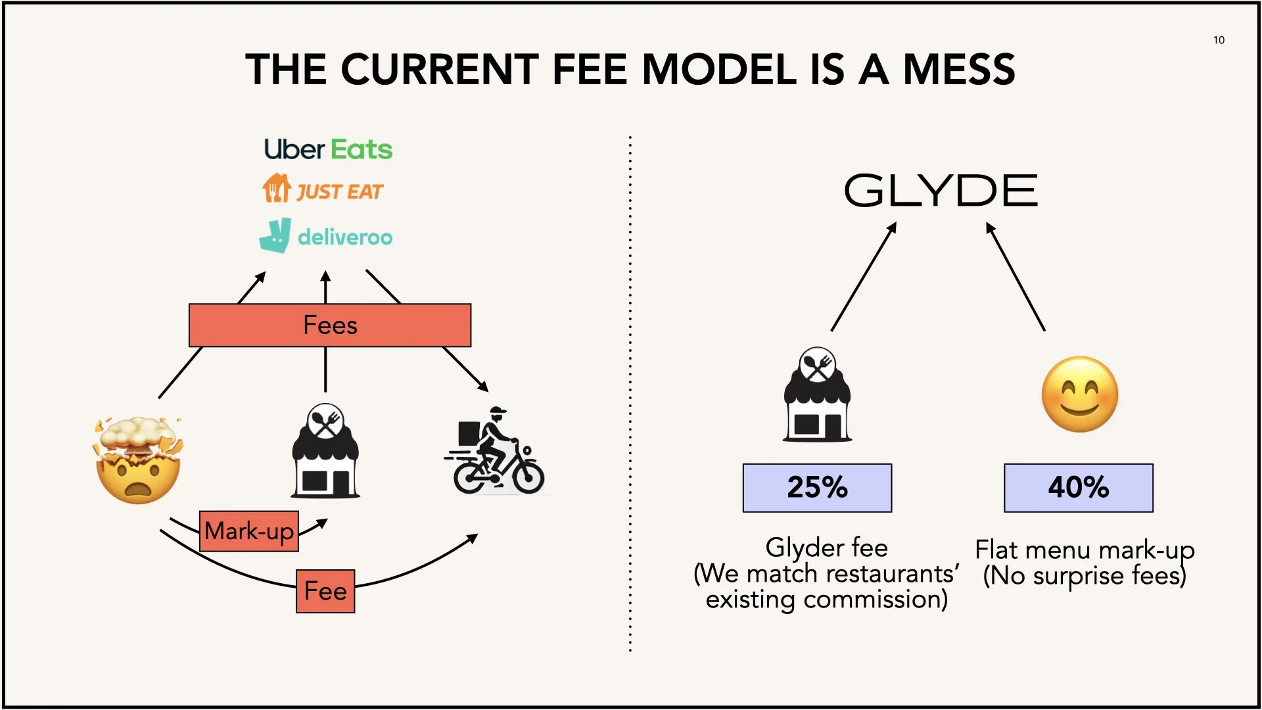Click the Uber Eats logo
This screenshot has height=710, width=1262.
point(328,150)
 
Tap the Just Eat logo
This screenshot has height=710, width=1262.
point(323,189)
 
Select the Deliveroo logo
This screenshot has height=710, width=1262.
point(326,236)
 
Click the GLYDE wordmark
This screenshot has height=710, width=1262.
point(941,191)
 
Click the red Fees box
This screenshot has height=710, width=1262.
point(330,325)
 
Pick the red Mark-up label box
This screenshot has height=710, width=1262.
point(249,531)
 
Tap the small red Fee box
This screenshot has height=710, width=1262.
point(325,591)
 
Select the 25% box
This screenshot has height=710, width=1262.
point(817,488)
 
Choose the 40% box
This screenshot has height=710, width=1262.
point(1078,488)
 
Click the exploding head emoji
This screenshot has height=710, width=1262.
point(138,460)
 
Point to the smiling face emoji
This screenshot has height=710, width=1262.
point(1079,394)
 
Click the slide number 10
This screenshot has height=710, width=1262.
point(1219,40)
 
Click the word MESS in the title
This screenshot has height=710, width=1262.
point(959,70)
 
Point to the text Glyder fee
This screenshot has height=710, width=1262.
point(826,548)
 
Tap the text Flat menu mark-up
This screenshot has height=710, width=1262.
point(1084,550)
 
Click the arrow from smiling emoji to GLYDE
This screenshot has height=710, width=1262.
point(1016,277)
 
